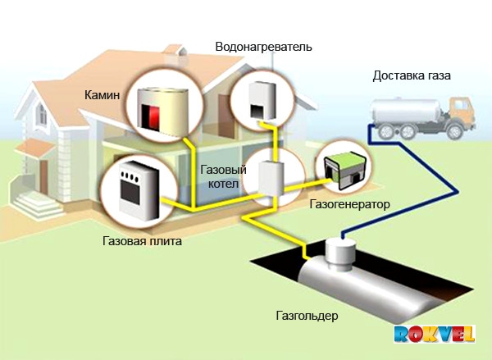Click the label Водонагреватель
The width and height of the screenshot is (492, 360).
click(263, 48)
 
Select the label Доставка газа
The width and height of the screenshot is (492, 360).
click(412, 76)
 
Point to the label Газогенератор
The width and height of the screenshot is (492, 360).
click(350, 203)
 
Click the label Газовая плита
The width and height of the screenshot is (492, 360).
click(142, 242)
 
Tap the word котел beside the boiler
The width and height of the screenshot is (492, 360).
click(219, 185)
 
